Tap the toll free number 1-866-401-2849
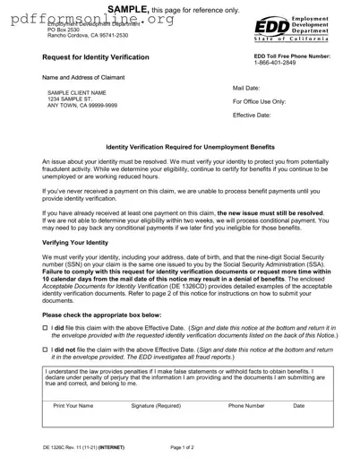279,65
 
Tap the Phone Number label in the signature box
246,407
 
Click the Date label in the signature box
299,407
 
